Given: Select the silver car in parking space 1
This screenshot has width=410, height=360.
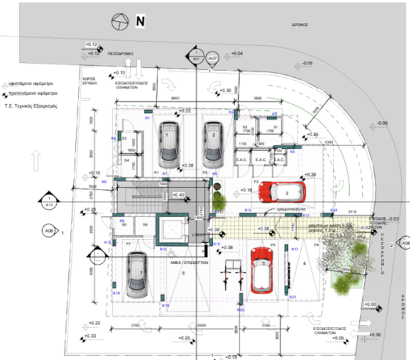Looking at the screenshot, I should coord(167,144).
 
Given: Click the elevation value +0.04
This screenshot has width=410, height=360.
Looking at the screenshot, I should coord(235,53).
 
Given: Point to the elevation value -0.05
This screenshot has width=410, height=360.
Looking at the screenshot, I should coord(309,63).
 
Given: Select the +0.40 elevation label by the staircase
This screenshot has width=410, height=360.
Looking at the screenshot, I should coord(179,195).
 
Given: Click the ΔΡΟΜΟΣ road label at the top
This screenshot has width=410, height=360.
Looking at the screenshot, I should coord(302,24).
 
